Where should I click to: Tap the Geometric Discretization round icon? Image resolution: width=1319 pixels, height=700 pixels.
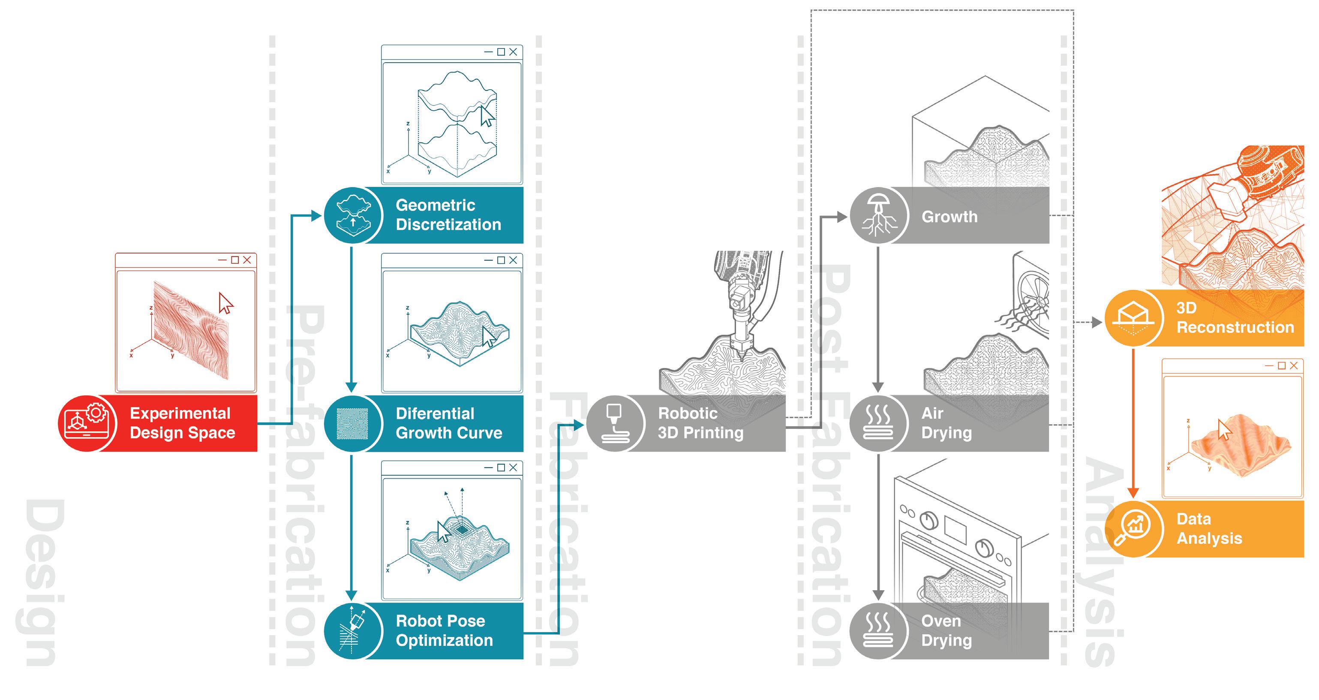click(x=353, y=215)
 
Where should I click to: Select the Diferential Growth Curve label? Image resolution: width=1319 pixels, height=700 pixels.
click(x=448, y=423)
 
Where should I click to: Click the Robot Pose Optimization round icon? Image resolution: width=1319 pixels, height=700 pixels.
click(x=353, y=631)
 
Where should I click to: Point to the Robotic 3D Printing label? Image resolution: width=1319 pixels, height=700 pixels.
click(x=700, y=423)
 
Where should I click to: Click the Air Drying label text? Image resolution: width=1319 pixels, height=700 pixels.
click(x=946, y=423)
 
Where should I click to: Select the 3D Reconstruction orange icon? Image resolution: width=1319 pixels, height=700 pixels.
click(x=1133, y=318)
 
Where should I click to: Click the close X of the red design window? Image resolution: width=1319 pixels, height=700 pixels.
click(x=247, y=260)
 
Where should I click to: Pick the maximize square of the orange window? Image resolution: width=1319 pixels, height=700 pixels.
click(x=1282, y=365)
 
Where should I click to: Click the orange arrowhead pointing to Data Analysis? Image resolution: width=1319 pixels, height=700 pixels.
click(x=1133, y=492)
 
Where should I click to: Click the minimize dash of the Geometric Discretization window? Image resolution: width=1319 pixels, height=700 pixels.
click(x=489, y=52)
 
